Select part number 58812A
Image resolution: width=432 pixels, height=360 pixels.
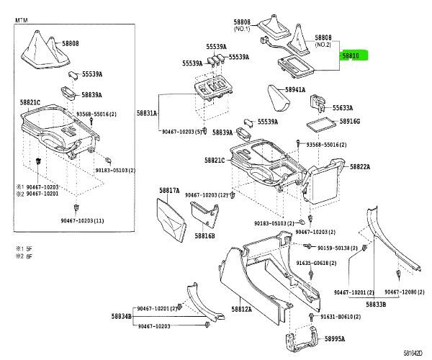[241, 310]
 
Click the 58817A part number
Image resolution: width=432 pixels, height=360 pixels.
[169, 190]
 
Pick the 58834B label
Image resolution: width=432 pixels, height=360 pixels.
[121, 316]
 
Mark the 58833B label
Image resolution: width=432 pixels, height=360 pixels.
[374, 305]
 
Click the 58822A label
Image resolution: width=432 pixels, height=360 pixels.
[360, 167]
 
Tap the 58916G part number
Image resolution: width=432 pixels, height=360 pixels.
[350, 122]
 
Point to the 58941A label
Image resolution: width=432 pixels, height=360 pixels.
[295, 90]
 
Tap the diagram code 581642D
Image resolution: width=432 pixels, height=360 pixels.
[413, 353]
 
